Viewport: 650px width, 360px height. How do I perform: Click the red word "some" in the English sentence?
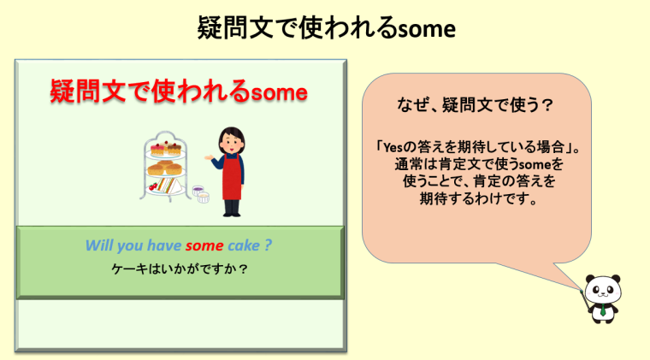[204, 245]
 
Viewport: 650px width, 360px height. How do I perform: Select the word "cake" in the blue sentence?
[244, 245]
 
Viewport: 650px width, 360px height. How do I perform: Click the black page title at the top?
[326, 28]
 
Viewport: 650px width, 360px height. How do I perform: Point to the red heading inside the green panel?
[179, 91]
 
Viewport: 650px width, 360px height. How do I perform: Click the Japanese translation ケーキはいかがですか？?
[180, 269]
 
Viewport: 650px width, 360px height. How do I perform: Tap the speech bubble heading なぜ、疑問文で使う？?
[475, 105]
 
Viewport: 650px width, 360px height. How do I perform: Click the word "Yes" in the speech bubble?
[393, 147]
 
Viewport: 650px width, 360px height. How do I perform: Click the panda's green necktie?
[603, 310]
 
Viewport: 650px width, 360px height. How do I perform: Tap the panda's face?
[603, 290]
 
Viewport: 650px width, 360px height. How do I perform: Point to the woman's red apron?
[231, 177]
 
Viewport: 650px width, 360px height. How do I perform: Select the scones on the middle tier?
[165, 168]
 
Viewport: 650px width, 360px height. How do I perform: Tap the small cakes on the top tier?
[166, 148]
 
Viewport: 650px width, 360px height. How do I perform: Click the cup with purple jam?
[198, 191]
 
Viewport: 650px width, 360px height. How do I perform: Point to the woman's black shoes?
[232, 213]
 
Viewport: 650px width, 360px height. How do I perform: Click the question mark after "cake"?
[268, 245]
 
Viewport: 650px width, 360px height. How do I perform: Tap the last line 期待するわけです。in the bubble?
[479, 199]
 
